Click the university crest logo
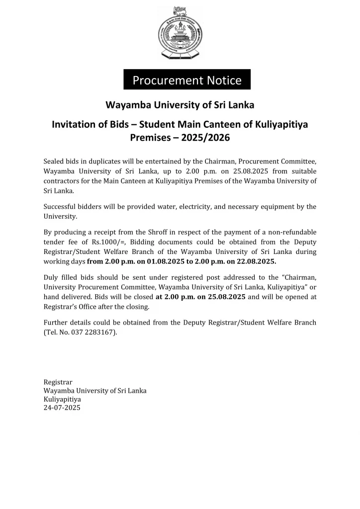pos(180,33)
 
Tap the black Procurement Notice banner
pos(187,80)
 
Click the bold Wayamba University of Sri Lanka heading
pos(180,105)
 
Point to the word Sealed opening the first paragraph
pos(54,162)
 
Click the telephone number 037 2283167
pos(94,332)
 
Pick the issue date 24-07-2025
pos(62,408)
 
